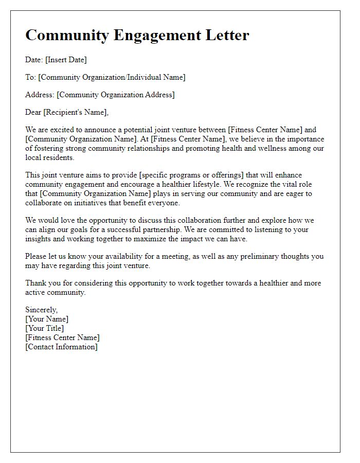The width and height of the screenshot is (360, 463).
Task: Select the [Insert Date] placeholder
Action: [66, 60]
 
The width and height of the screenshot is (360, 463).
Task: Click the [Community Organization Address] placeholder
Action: [116, 95]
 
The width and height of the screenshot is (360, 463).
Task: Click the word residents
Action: [59, 157]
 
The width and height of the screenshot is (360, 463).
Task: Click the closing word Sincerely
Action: [42, 310]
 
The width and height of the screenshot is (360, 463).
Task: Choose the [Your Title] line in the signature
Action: [45, 328]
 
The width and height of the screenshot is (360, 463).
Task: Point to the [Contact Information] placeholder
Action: [61, 347]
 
